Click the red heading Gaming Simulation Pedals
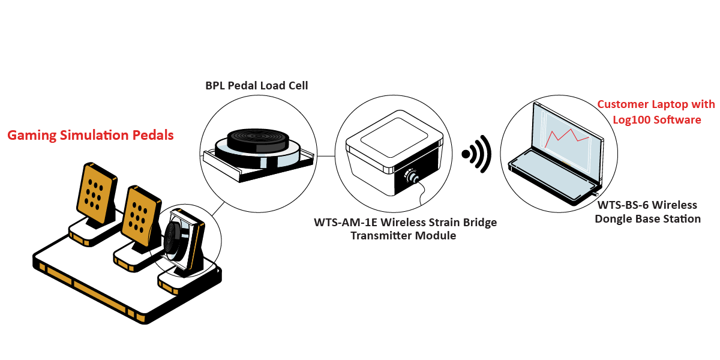pyautogui.click(x=91, y=136)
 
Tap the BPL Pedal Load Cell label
pyautogui.click(x=257, y=86)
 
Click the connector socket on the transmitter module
pyautogui.click(x=412, y=176)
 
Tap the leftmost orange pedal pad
pyautogui.click(x=95, y=191)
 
